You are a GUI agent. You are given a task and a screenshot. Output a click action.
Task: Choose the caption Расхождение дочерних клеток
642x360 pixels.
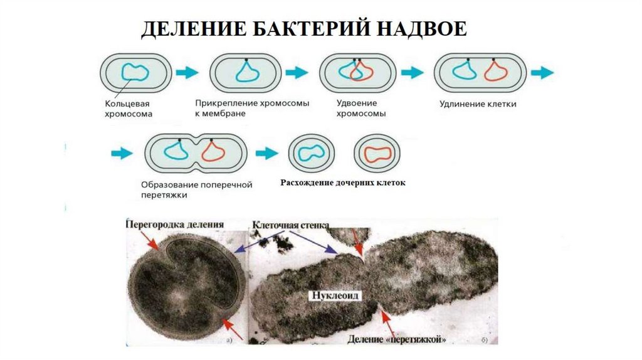[342, 184]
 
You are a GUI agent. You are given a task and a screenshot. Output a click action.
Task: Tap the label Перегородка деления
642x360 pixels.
[175, 224]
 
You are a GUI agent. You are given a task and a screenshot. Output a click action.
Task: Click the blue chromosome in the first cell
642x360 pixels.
[135, 73]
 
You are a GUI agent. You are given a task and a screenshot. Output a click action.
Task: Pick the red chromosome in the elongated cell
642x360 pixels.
[495, 71]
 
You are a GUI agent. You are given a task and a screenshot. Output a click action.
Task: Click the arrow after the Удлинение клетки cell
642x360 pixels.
[542, 72]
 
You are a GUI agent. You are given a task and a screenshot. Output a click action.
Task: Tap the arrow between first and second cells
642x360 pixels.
[187, 72]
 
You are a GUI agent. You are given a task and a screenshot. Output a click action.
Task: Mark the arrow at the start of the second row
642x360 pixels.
[122, 152]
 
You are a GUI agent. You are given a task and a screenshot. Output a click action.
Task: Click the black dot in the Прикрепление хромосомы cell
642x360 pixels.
[246, 60]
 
